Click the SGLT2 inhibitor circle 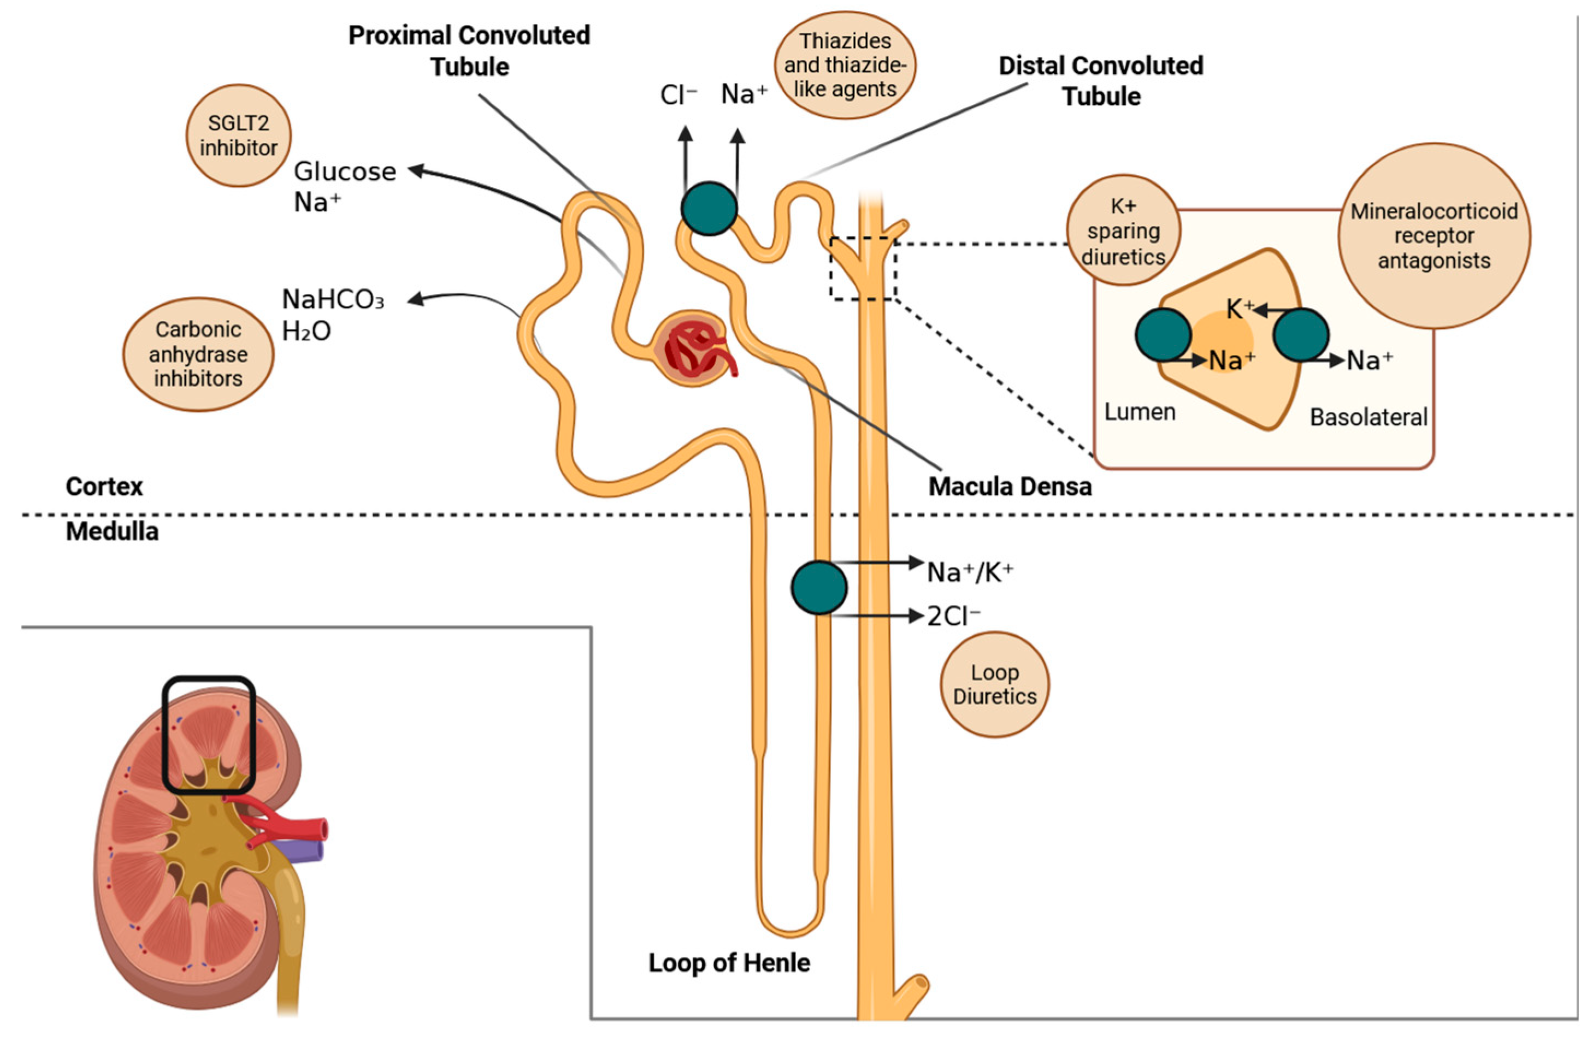click(x=238, y=135)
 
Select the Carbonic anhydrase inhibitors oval click(x=198, y=354)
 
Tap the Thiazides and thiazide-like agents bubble click(x=845, y=65)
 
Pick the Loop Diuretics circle click(x=995, y=684)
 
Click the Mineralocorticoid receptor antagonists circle click(x=1433, y=235)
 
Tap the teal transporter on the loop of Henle click(x=818, y=587)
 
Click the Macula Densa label click(x=1010, y=487)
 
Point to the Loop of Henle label click(x=729, y=963)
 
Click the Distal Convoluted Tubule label click(x=1101, y=81)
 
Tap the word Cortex click(x=104, y=487)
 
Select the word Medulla click(x=113, y=532)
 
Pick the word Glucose click(x=345, y=172)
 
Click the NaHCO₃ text click(x=333, y=300)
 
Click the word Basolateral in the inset click(x=1368, y=417)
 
